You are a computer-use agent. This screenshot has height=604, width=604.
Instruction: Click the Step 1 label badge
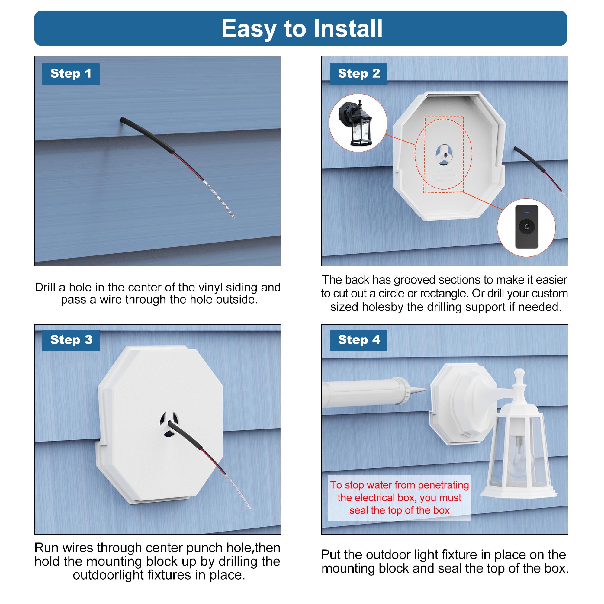(71, 74)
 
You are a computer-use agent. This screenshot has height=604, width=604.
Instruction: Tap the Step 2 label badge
(358, 74)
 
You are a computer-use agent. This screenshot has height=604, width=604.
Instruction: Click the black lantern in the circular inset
(359, 125)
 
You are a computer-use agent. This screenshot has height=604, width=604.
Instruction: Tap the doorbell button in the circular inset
(526, 227)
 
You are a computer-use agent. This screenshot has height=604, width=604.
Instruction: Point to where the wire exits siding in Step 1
(122, 120)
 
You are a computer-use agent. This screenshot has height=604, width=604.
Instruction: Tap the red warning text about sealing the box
(399, 498)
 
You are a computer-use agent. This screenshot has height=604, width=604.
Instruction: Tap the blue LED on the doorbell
(527, 212)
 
